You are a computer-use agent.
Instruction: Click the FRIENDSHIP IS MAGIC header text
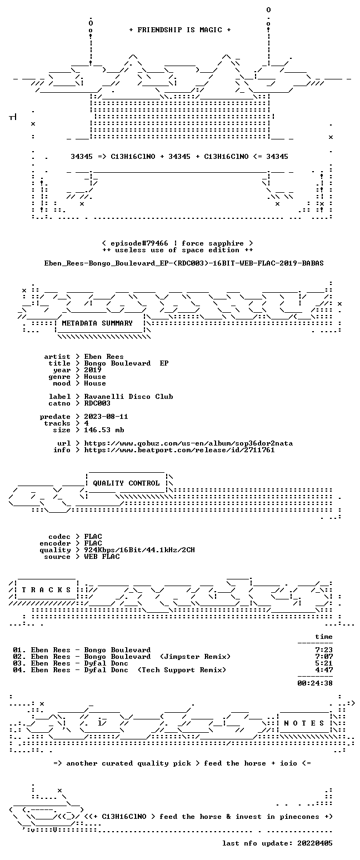(x=179, y=30)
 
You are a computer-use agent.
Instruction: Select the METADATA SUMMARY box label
(x=97, y=323)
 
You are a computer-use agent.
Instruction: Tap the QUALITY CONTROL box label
(x=126, y=483)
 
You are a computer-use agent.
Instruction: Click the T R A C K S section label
(x=47, y=589)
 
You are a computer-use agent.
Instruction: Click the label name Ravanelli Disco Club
(x=128, y=397)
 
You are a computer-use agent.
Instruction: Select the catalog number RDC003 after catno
(x=97, y=403)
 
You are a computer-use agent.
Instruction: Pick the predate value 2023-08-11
(x=106, y=417)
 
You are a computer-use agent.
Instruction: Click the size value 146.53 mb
(x=104, y=430)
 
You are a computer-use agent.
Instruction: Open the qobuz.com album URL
(x=188, y=443)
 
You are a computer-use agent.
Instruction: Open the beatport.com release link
(x=179, y=450)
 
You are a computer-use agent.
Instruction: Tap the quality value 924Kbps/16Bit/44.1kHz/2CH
(x=139, y=550)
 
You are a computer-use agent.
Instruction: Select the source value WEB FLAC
(x=102, y=557)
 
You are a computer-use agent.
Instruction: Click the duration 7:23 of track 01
(x=324, y=650)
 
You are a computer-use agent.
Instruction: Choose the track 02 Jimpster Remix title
(x=122, y=657)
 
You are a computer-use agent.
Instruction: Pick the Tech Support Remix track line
(x=119, y=670)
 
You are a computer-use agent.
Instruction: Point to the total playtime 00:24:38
(x=314, y=683)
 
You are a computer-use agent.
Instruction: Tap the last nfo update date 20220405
(x=314, y=843)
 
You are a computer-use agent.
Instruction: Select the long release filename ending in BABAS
(x=184, y=263)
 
